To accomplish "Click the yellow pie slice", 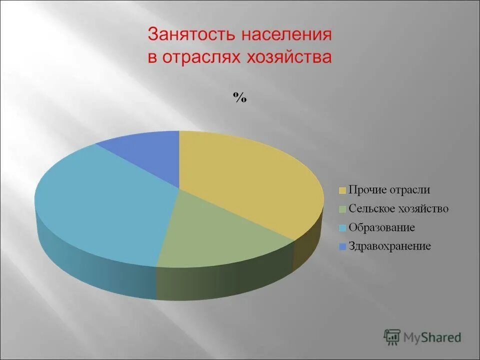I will [245, 180].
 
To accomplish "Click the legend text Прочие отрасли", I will [389, 190].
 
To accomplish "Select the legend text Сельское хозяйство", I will [398, 208].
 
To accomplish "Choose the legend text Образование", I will [382, 227].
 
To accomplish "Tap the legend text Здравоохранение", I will [390, 246].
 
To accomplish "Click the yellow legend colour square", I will [342, 190].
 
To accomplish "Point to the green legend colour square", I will [342, 209].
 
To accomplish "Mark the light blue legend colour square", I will [342, 228].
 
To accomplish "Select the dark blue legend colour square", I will [342, 246].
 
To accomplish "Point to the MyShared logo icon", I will [392, 336].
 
